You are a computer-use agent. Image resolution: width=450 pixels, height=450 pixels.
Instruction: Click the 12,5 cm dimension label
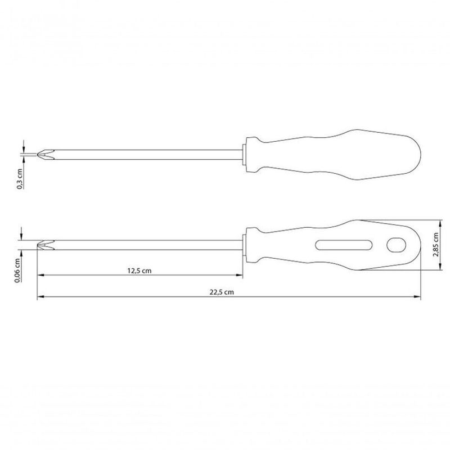139,271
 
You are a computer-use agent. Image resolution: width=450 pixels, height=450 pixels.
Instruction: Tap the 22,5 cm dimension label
222,292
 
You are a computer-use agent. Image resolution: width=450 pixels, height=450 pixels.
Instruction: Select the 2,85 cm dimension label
436,245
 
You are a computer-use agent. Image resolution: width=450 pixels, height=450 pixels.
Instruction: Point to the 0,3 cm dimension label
20,179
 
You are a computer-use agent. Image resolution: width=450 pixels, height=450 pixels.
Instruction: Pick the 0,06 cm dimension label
17,271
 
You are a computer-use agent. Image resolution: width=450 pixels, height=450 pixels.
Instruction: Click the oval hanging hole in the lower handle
397,245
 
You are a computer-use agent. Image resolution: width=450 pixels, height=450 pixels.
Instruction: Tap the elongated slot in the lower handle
344,245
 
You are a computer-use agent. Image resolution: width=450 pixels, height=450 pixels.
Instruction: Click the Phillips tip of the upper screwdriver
46,155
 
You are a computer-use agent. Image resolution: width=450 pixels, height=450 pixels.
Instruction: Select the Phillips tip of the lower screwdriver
46,245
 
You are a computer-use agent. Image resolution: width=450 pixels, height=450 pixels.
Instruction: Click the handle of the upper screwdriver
333,155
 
